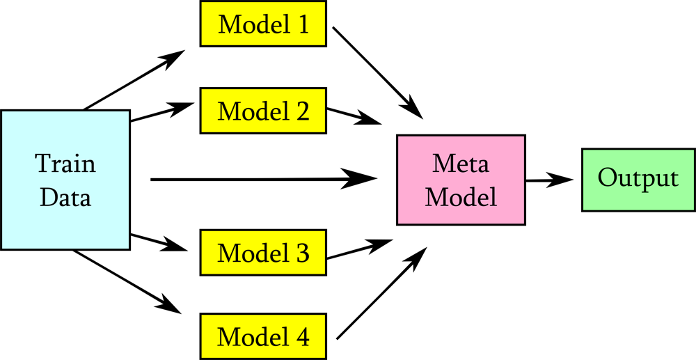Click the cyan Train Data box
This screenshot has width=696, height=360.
coord(65,180)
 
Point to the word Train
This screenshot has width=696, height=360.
coord(65,164)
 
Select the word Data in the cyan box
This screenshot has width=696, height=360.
coord(65,198)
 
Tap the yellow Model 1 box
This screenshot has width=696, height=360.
coord(263,24)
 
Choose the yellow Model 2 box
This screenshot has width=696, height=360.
coord(263,111)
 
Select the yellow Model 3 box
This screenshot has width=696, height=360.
coord(263,253)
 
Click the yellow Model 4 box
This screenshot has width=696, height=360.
coord(263,337)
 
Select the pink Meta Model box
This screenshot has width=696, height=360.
coord(461,180)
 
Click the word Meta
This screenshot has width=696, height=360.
coord(461,164)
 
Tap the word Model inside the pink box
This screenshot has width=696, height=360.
coord(461,197)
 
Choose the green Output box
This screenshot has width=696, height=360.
coord(638,180)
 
